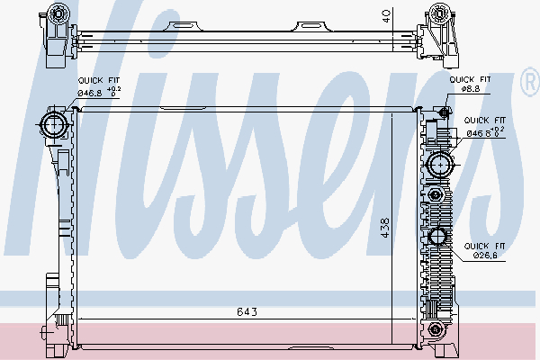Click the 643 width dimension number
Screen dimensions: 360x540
pos(247,311)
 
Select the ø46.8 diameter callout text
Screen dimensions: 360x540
pos(91,94)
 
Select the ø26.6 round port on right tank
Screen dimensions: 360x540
pos(440,237)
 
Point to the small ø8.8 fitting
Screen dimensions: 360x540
pos(444,111)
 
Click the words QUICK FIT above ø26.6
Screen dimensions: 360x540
pos(484,245)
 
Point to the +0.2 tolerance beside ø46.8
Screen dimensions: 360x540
pos(114,89)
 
